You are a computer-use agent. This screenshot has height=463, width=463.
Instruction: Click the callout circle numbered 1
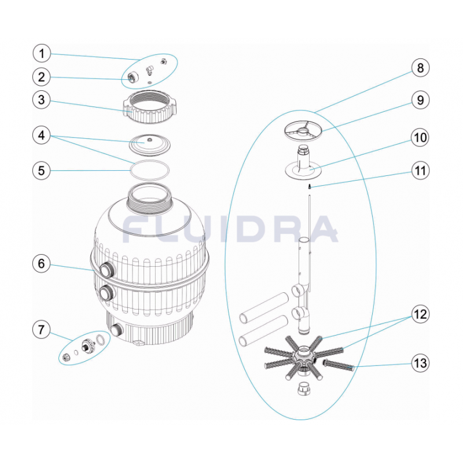click(42, 53)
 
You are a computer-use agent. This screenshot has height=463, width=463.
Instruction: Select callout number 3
click(42, 100)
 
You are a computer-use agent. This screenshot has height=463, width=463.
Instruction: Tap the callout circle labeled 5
click(42, 170)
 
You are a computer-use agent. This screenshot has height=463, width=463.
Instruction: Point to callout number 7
click(42, 329)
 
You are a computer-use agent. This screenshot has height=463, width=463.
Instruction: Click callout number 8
click(420, 68)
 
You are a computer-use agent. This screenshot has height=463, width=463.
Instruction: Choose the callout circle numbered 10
click(420, 138)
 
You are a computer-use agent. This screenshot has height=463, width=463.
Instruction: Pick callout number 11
click(420, 170)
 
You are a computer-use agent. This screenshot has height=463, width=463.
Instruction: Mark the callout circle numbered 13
click(420, 363)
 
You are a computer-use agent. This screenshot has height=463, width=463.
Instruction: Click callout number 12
click(420, 314)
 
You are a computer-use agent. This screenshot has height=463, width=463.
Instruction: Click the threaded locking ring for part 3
click(150, 107)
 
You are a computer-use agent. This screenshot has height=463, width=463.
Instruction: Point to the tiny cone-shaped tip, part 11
click(310, 186)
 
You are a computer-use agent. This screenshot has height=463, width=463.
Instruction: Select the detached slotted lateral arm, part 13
click(339, 365)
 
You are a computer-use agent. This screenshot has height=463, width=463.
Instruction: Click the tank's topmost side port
click(106, 269)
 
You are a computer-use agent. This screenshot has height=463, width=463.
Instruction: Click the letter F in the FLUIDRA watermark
click(135, 229)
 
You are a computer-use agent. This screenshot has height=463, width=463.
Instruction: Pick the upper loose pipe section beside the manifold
click(264, 307)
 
